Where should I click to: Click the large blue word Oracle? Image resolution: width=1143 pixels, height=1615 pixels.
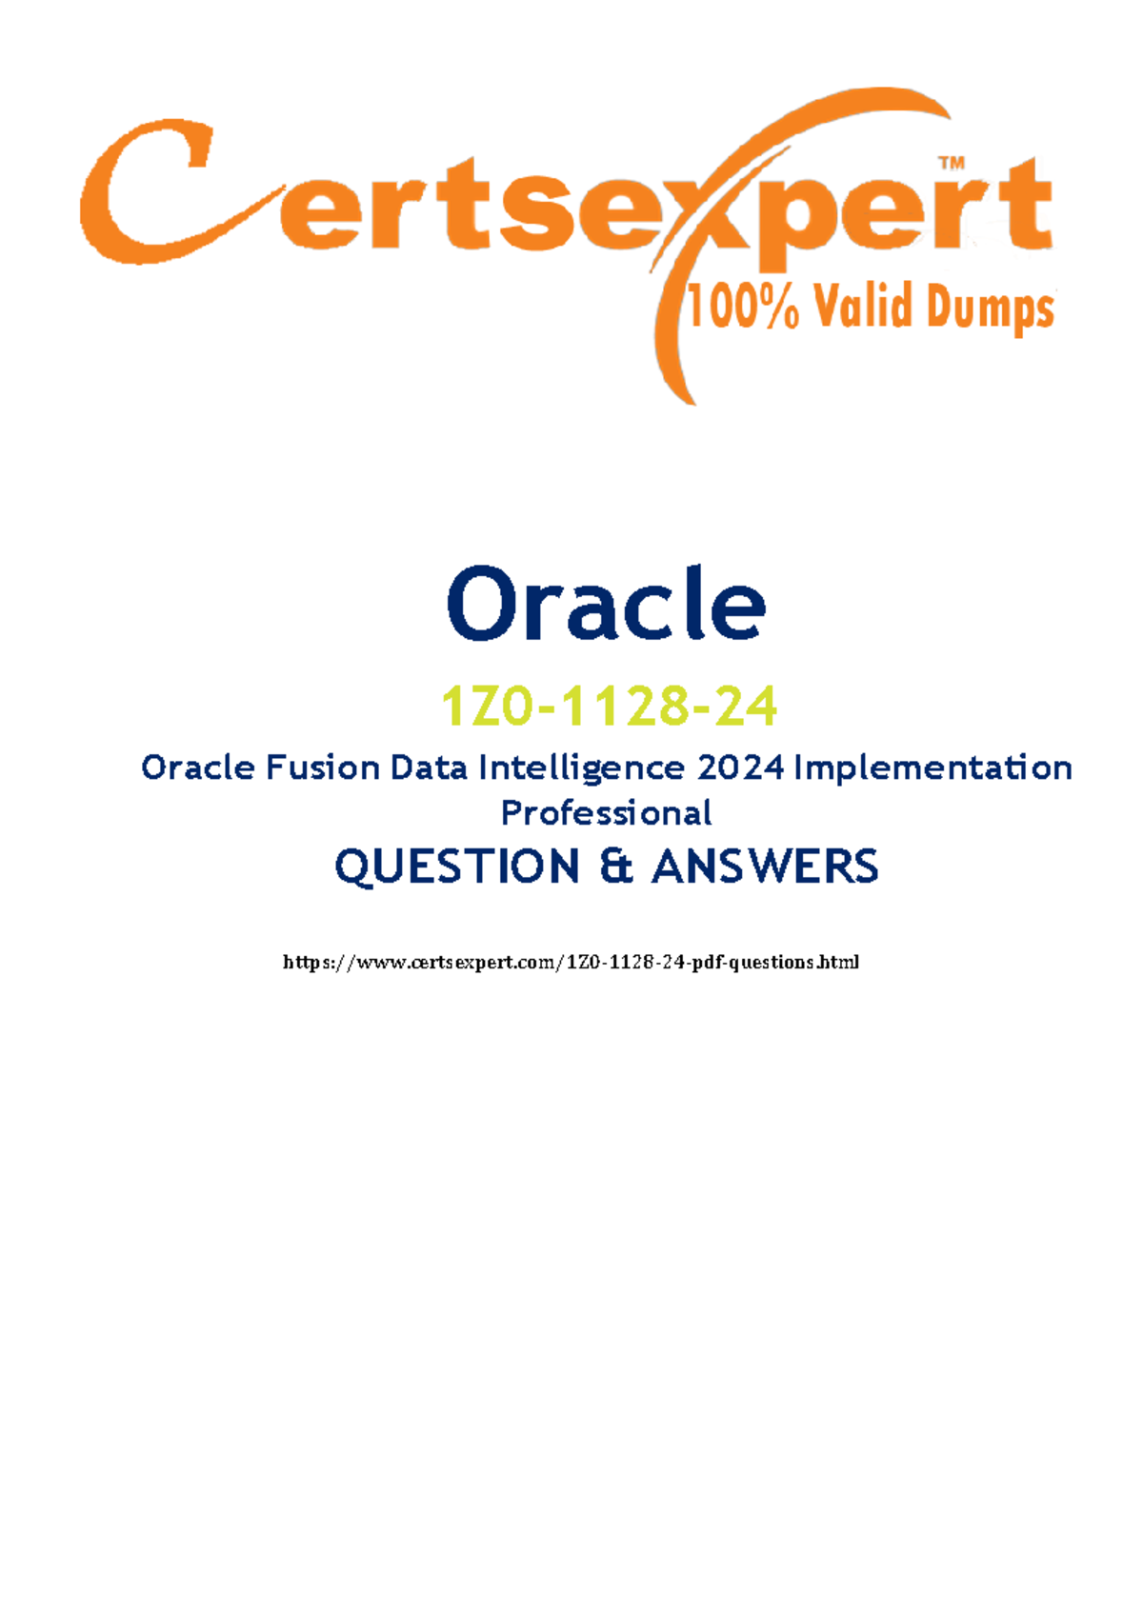[606, 604]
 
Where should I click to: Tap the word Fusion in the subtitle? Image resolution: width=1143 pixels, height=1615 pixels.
[322, 768]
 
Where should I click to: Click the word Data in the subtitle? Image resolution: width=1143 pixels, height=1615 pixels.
[429, 768]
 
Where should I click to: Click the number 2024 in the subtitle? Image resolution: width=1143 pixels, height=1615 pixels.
[741, 768]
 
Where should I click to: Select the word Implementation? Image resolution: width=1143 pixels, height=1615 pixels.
[932, 768]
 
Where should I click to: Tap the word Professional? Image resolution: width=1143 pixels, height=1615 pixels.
[607, 813]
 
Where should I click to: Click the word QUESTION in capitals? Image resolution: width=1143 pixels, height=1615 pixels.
[457, 867]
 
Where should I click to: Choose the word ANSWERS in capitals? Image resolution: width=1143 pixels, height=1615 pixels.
[765, 866]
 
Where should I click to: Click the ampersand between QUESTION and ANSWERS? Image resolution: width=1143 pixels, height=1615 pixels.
[615, 866]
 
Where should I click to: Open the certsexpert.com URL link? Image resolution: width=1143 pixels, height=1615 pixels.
[571, 962]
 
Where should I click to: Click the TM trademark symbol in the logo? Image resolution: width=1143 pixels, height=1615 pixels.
[952, 164]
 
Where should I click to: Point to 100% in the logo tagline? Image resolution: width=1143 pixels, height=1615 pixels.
[743, 307]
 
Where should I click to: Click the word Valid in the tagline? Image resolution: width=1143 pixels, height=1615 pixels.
[863, 307]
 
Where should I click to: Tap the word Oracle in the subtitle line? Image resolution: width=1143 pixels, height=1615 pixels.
[198, 768]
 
